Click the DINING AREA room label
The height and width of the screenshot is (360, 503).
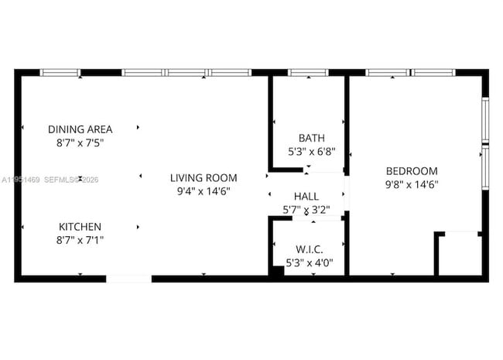80,129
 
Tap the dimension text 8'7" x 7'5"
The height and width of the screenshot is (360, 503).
80,142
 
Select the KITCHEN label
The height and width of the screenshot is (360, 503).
80,227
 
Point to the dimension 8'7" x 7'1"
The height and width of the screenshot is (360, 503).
80,240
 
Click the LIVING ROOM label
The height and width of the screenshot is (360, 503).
204,177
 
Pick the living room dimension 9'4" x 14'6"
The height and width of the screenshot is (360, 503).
204,190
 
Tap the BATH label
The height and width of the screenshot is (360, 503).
306,139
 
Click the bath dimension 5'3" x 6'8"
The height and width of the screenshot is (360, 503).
306,152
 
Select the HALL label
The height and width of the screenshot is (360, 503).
306,196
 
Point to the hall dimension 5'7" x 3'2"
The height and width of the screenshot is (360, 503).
306,209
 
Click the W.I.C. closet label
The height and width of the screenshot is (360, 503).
309,249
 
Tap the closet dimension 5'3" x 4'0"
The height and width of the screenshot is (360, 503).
309,262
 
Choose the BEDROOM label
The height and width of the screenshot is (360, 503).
411,171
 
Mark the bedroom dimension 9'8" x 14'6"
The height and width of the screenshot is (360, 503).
411,184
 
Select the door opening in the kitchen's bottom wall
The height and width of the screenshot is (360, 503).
128,278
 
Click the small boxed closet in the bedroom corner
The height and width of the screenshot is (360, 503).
458,253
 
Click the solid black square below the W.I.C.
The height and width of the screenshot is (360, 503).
276,273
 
